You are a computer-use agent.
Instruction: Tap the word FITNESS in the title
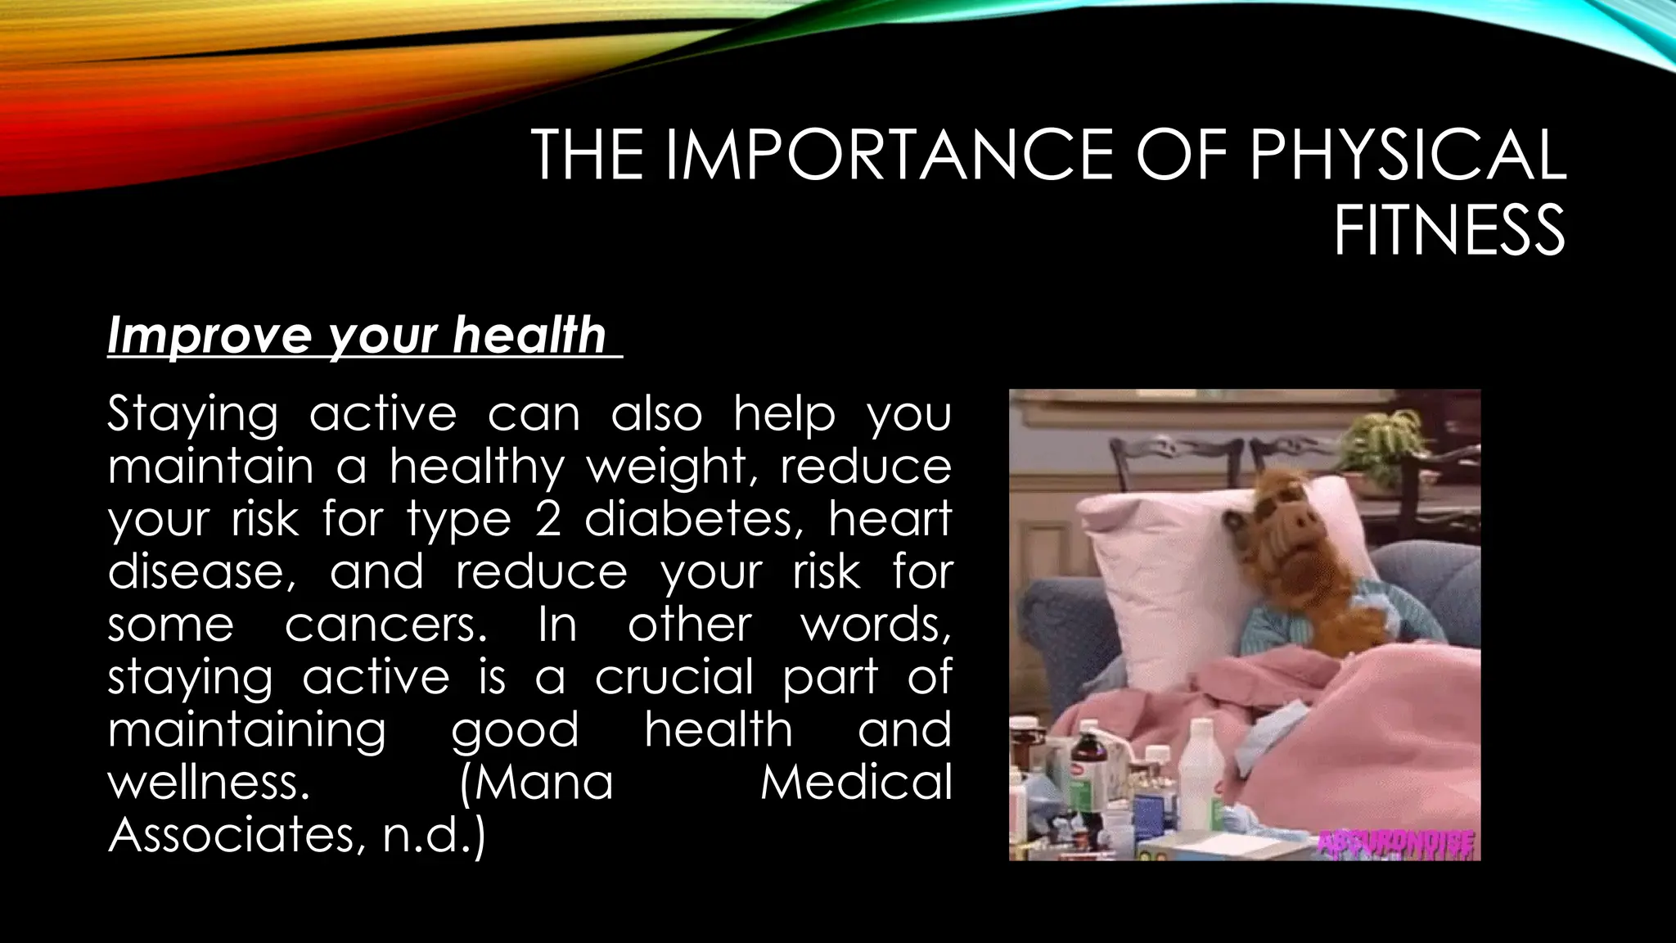[1449, 232]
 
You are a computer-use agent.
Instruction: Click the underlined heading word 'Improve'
[209, 336]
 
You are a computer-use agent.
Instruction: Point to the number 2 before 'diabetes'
[548, 519]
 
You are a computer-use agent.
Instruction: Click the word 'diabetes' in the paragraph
[687, 519]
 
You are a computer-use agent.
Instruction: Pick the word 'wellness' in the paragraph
[209, 782]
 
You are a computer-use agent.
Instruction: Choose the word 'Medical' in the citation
[856, 782]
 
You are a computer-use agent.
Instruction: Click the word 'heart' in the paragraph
[890, 519]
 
